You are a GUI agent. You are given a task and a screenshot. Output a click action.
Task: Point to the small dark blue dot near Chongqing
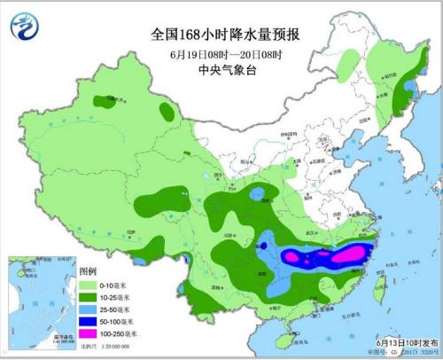263,246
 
